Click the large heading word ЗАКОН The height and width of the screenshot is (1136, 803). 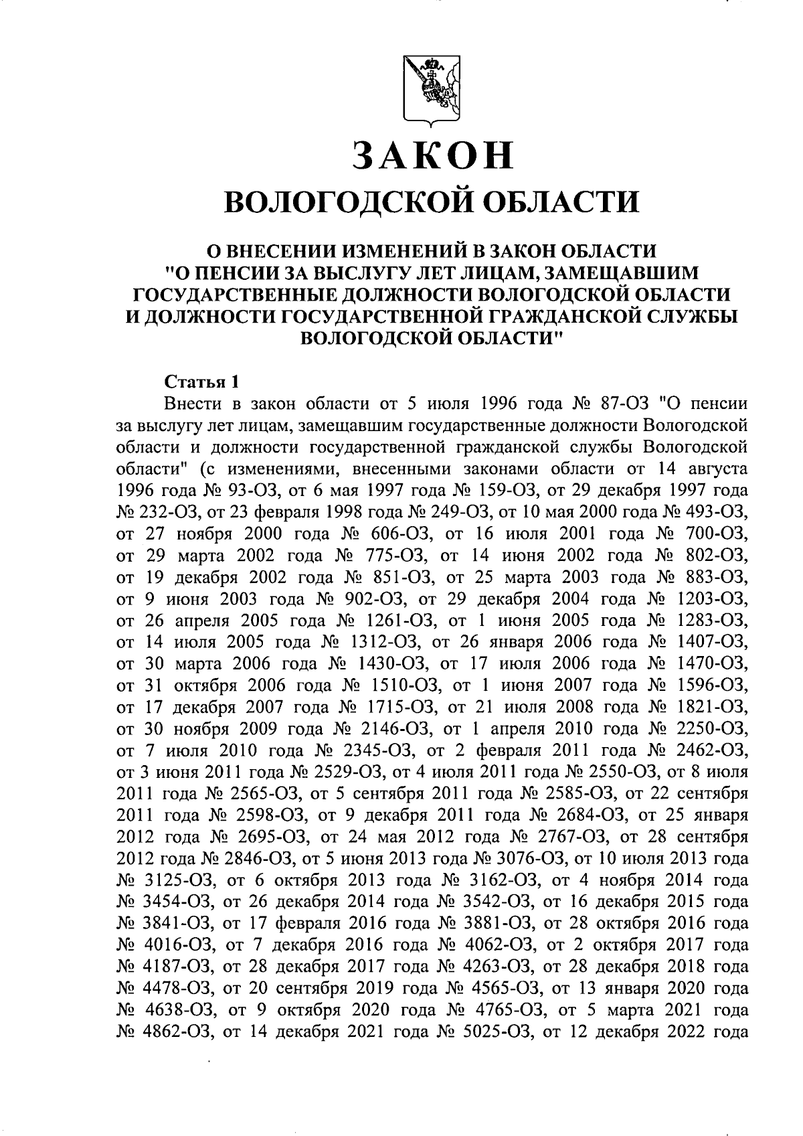(x=432, y=156)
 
